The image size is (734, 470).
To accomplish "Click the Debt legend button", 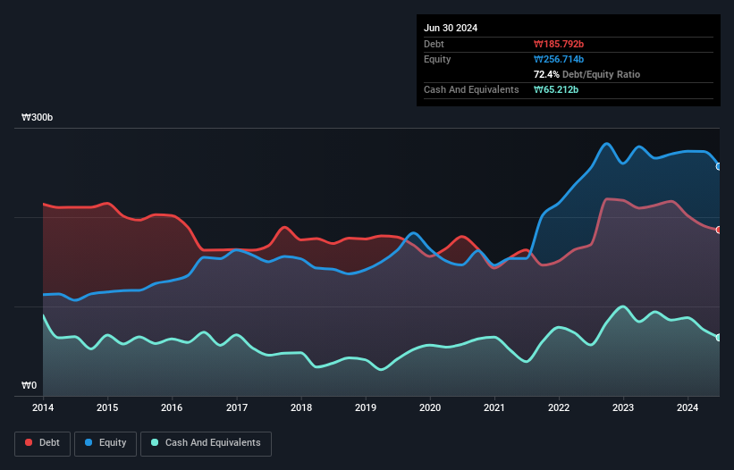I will coord(42,442).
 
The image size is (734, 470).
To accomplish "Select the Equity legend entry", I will coord(105,442).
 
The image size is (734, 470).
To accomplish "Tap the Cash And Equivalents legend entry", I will coord(205,442).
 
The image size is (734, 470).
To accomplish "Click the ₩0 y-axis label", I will coord(30,386).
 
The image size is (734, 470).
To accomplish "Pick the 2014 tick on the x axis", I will coord(43,408).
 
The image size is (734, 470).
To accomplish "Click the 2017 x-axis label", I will coord(237,408).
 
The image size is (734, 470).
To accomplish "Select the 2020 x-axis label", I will coord(430,408).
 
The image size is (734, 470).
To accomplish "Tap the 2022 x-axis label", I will coord(559,408).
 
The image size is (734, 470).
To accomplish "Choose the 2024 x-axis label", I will coord(688,408).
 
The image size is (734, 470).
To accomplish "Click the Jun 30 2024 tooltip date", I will coord(451,28).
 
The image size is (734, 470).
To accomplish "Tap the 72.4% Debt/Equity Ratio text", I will coord(586,74).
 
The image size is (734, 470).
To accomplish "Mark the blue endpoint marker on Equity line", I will coord(719,166).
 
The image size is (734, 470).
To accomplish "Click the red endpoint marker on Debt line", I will coord(719,230).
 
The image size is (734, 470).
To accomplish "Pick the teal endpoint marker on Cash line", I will coord(719,337).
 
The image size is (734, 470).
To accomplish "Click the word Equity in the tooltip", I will coord(437,59).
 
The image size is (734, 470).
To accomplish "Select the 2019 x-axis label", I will coord(366,408).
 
